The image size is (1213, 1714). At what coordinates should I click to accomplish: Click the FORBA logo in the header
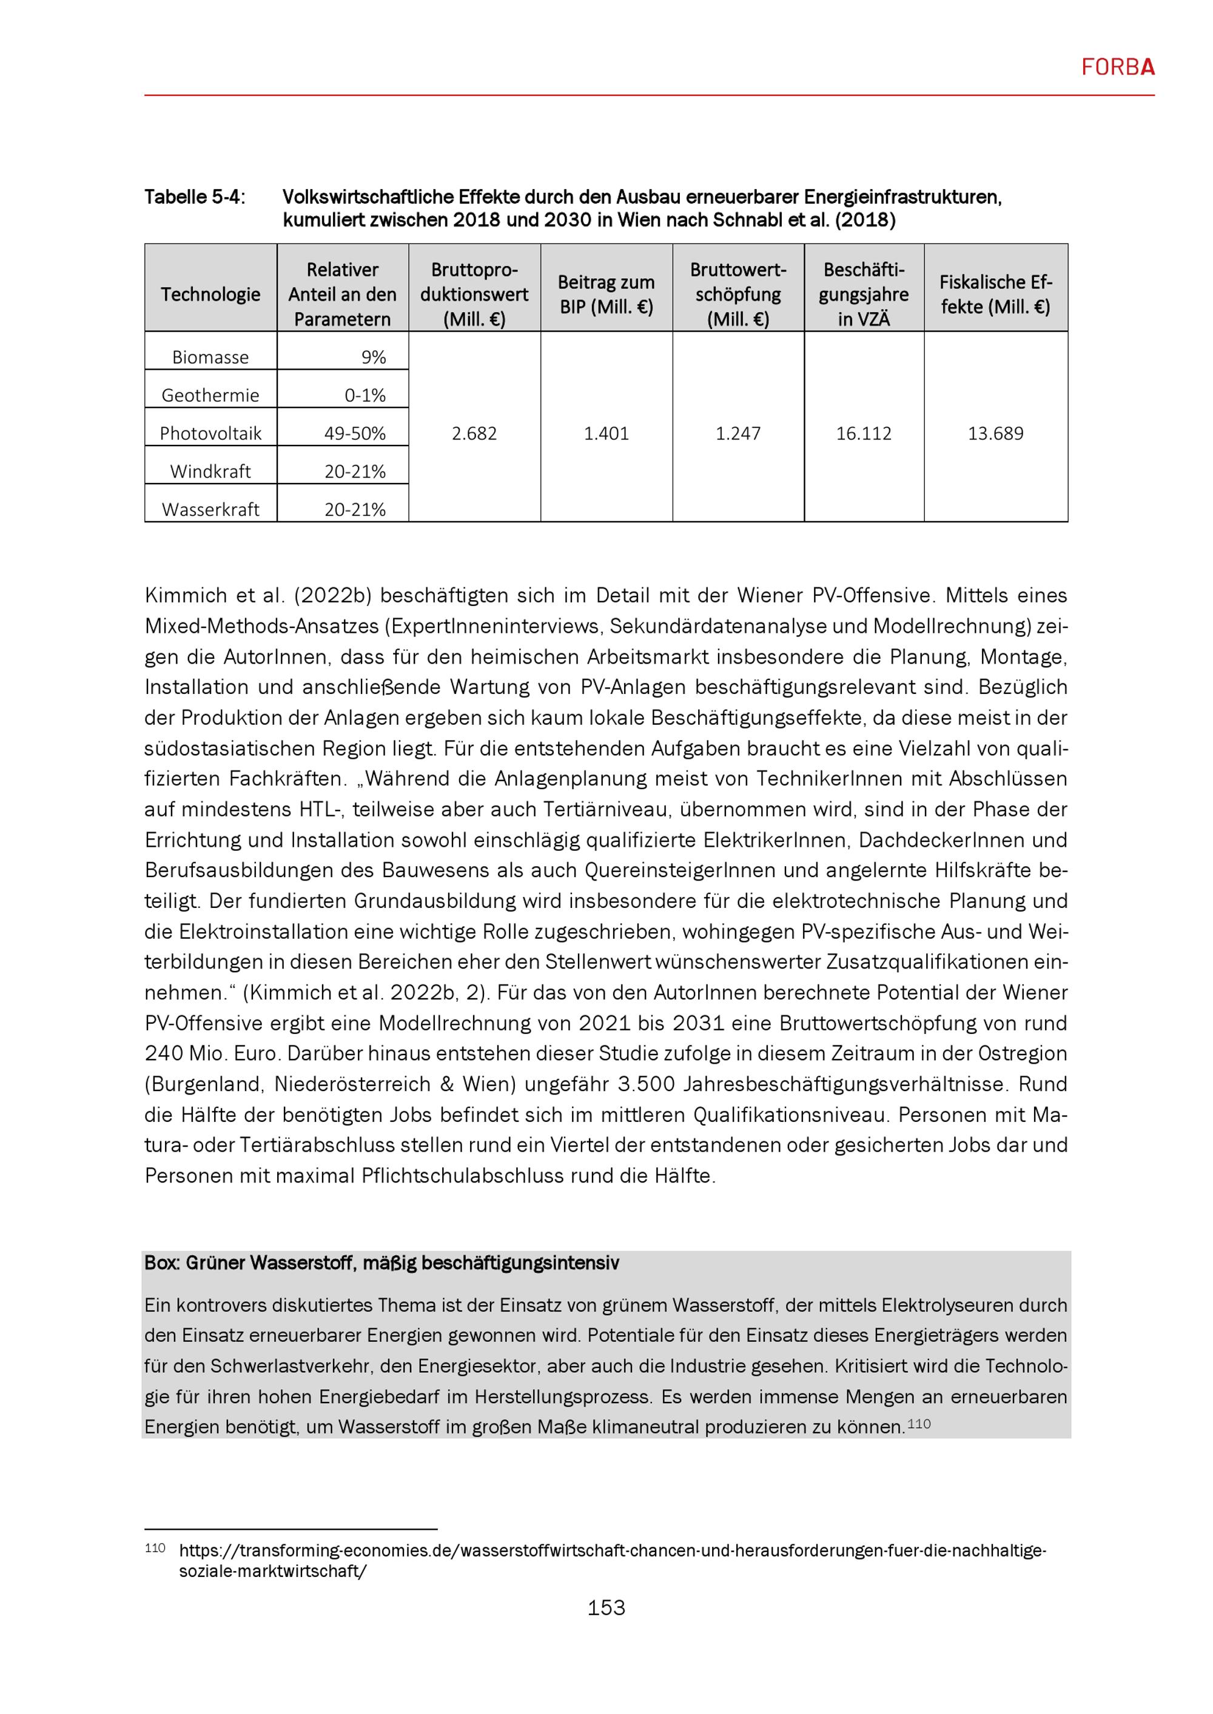(x=1117, y=68)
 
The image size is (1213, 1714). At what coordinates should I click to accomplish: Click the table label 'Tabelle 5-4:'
(x=194, y=197)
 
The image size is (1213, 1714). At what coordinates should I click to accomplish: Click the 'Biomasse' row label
(x=210, y=358)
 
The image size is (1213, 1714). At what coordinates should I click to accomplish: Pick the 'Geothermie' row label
(x=210, y=396)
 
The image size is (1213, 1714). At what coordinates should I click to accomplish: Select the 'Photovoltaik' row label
(x=210, y=434)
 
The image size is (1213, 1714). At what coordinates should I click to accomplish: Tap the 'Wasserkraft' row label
(x=210, y=510)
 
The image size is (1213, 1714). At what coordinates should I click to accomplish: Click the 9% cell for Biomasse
(x=374, y=358)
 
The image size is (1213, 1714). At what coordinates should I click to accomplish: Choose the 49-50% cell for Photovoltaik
(x=355, y=434)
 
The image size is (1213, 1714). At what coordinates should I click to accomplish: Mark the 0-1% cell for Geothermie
(x=365, y=396)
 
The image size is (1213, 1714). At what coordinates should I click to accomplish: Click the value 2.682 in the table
(x=474, y=434)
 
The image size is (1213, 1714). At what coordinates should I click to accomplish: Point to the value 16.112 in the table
(x=864, y=434)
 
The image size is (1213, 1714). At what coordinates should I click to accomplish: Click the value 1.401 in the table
(x=606, y=434)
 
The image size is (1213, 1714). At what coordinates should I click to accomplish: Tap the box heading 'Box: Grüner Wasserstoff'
(x=381, y=1263)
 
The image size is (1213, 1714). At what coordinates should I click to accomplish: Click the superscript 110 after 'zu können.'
(x=919, y=1424)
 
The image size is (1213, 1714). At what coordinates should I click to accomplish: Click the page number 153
(x=606, y=1607)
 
